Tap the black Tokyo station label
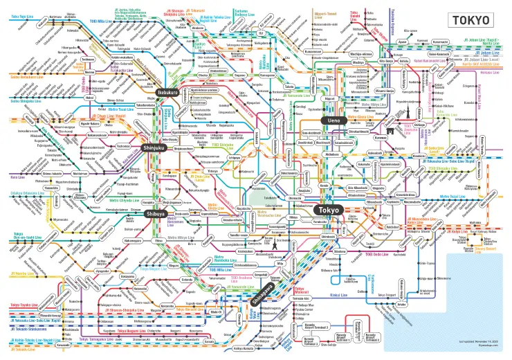pos(329,210)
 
